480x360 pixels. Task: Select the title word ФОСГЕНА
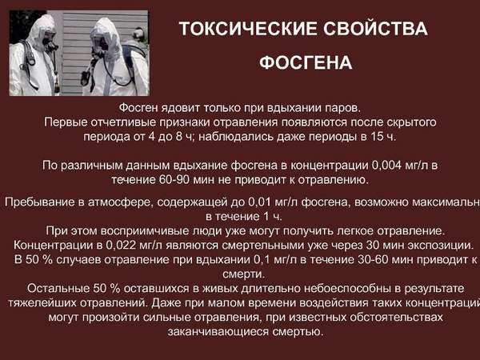coord(305,63)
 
